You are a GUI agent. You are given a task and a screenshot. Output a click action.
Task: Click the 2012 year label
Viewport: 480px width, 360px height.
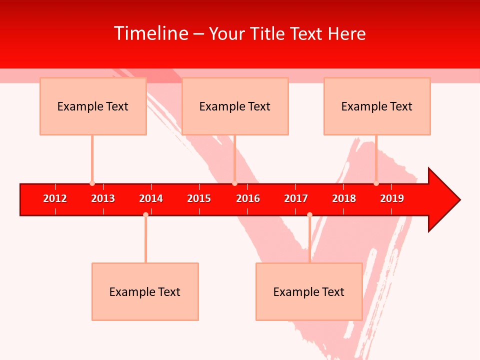pos(55,198)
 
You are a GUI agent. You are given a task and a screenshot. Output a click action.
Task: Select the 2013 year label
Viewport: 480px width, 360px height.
pos(103,198)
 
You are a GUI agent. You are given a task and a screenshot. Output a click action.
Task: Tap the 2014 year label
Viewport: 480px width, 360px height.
pos(151,198)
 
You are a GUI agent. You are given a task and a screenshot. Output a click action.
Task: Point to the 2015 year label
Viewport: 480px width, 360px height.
pos(199,198)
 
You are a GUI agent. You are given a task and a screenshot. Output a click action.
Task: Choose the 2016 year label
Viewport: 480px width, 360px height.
pos(248,198)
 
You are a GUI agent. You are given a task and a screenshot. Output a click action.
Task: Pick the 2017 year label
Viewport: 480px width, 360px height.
pos(296,198)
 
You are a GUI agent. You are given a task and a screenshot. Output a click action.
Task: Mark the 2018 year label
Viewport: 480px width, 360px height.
pos(344,198)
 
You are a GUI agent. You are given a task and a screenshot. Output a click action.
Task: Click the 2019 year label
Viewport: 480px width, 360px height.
pos(392,198)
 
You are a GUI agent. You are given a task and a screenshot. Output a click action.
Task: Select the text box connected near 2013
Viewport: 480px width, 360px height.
pos(93,106)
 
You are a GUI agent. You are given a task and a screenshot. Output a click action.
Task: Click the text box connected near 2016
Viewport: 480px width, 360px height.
pos(235,106)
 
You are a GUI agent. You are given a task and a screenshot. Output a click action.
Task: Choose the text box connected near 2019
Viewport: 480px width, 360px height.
pos(377,106)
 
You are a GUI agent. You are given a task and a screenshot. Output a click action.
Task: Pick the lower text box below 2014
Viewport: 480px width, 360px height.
pos(145,291)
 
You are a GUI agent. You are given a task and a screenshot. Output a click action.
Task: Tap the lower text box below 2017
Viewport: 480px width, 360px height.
pos(309,291)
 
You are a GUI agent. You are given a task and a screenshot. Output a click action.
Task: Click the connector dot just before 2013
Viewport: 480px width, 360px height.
pos(92,183)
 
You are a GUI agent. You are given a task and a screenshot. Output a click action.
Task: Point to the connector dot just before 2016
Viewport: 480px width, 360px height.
pos(234,183)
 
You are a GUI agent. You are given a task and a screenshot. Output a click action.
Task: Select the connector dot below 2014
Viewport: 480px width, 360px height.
pos(145,214)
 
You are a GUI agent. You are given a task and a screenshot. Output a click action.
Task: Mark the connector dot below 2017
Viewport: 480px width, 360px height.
pos(309,214)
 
